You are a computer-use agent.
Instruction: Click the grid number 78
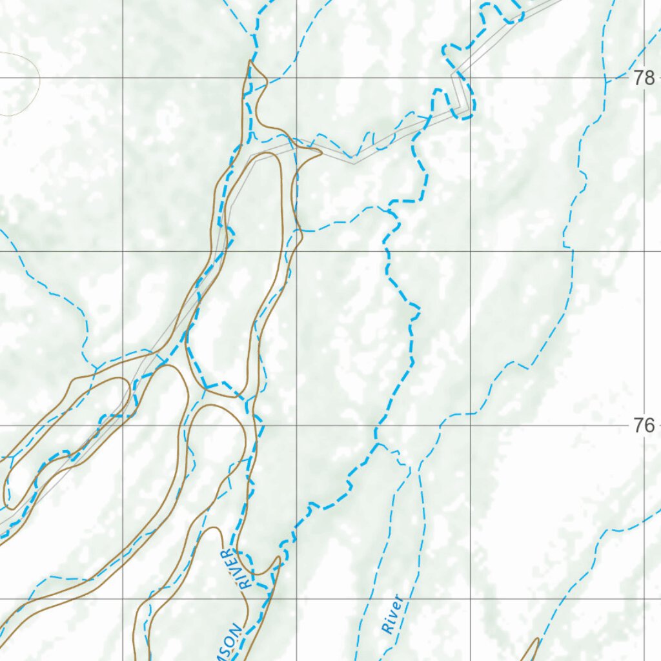(x=644, y=79)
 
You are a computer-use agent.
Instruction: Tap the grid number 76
(x=644, y=425)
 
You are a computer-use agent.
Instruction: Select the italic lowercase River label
(x=393, y=615)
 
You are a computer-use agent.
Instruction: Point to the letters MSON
(x=232, y=643)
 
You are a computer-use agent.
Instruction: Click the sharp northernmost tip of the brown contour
(x=250, y=62)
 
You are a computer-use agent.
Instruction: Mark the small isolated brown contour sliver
(x=532, y=649)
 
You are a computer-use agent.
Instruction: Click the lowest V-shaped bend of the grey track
(x=353, y=163)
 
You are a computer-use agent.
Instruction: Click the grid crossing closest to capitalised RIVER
(x=296, y=598)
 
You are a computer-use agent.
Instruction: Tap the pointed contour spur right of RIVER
(x=278, y=558)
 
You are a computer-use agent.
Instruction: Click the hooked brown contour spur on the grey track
(x=316, y=152)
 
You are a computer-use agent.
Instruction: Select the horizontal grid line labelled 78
(x=387, y=79)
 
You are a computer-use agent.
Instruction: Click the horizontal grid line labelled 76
(x=516, y=425)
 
